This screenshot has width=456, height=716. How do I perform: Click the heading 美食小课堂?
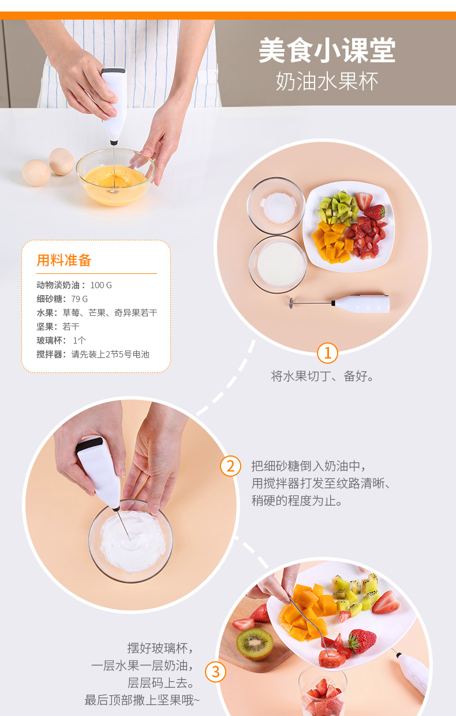(327, 50)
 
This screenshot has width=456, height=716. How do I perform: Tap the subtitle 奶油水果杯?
(327, 81)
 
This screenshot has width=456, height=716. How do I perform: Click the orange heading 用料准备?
(64, 260)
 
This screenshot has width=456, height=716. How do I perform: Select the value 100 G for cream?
(101, 285)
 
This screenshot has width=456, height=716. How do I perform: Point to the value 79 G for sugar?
(79, 299)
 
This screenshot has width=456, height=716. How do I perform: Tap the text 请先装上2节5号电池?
(110, 354)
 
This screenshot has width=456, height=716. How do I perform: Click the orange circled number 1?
(327, 353)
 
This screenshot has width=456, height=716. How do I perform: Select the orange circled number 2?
(230, 466)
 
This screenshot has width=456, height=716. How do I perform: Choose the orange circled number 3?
(215, 672)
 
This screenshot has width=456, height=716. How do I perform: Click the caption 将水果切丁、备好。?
(322, 376)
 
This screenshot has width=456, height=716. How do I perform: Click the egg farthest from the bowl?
(36, 173)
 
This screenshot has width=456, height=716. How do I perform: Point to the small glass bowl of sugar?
(276, 206)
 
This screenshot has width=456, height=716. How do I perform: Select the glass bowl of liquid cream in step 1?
(278, 265)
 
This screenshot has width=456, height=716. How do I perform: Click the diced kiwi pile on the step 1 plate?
(338, 208)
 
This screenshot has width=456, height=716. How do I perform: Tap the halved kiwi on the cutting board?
(255, 643)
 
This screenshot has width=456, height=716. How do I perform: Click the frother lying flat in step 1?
(339, 304)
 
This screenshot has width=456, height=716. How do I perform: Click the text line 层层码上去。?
(161, 683)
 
